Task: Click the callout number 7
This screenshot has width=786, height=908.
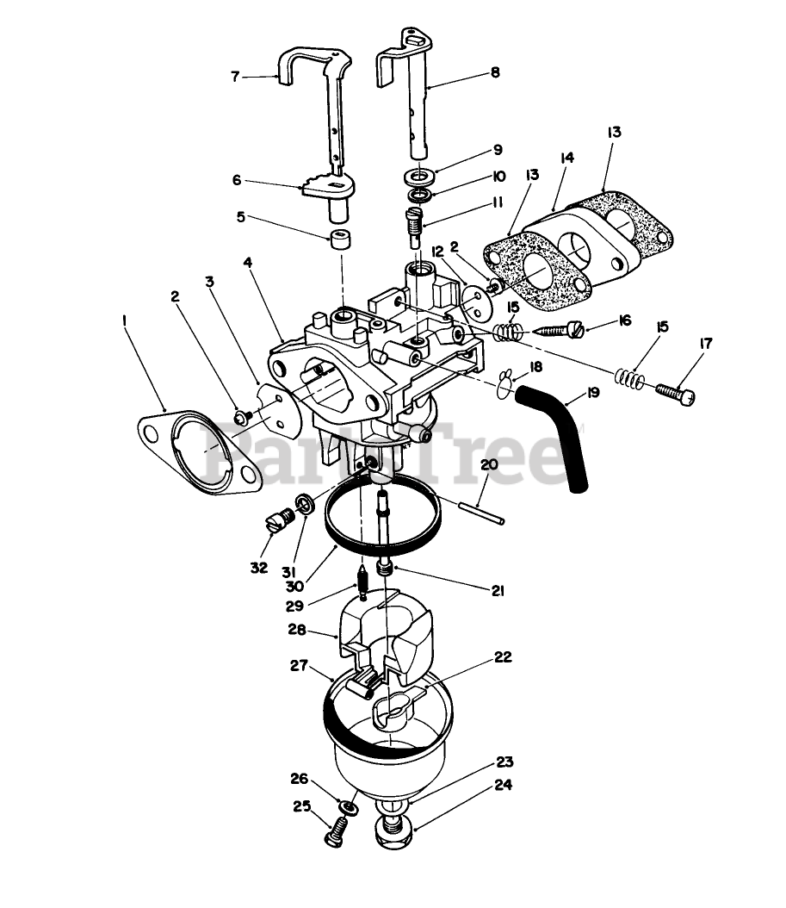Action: pos(235,75)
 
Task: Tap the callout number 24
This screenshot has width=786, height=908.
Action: pos(504,785)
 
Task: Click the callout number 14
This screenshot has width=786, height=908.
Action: pos(566,159)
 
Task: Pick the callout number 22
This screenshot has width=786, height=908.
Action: pos(503,657)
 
